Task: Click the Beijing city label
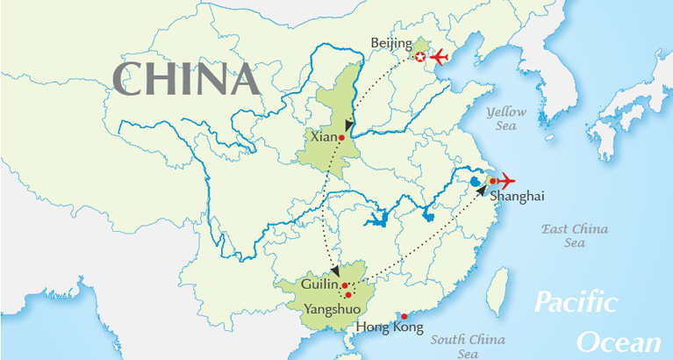[390, 42]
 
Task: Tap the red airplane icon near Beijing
[437, 58]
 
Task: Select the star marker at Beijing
[420, 58]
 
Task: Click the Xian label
[323, 137]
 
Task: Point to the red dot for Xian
[341, 137]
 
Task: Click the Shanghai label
[517, 197]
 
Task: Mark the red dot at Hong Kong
[404, 316]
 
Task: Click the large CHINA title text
[187, 79]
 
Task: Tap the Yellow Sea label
[507, 119]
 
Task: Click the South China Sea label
[468, 346]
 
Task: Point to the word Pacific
[576, 304]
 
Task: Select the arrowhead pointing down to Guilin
[336, 270]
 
